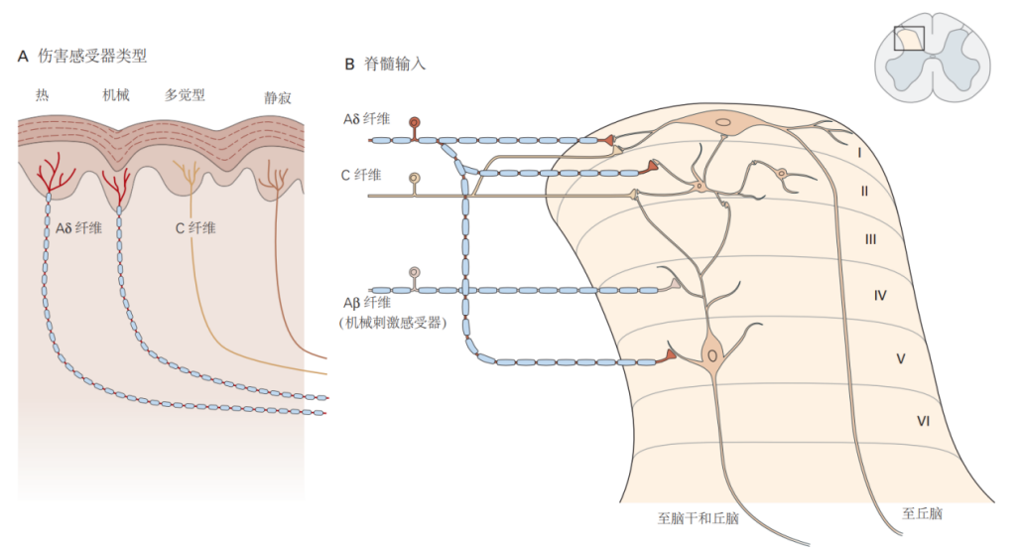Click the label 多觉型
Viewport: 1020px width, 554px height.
(x=185, y=95)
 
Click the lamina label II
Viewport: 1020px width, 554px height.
(x=864, y=191)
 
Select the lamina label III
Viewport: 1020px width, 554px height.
(x=869, y=239)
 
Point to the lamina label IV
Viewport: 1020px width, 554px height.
(x=879, y=295)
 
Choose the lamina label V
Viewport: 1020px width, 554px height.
(x=900, y=357)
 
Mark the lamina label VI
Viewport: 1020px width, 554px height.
(x=923, y=422)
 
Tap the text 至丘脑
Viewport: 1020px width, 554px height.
(x=922, y=514)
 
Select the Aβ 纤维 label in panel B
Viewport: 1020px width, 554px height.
(x=365, y=302)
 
